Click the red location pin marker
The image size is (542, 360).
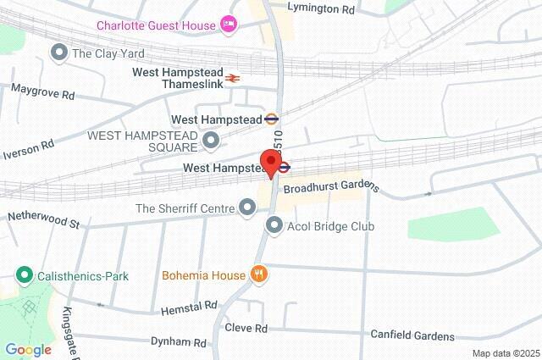coord(271,163)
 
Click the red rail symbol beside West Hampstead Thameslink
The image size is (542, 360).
coord(233,78)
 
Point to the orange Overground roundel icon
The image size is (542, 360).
coord(272,119)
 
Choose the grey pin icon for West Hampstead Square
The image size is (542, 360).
coord(211,139)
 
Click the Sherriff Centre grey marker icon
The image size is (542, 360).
coord(248,207)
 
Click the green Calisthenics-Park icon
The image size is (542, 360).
coord(25,275)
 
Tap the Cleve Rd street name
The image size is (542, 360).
coord(246,328)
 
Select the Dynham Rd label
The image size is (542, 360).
coord(178,343)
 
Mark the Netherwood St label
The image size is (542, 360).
coord(42,220)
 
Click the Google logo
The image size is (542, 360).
coord(28,349)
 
